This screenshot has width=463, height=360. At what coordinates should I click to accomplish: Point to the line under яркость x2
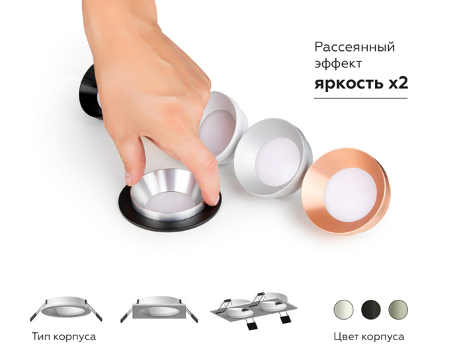360,99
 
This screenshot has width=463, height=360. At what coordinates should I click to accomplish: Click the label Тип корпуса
63,337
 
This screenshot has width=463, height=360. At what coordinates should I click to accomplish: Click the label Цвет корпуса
370,337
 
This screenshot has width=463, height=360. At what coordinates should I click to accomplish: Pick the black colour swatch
370,308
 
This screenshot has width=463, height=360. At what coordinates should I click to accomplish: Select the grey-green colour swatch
398,308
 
